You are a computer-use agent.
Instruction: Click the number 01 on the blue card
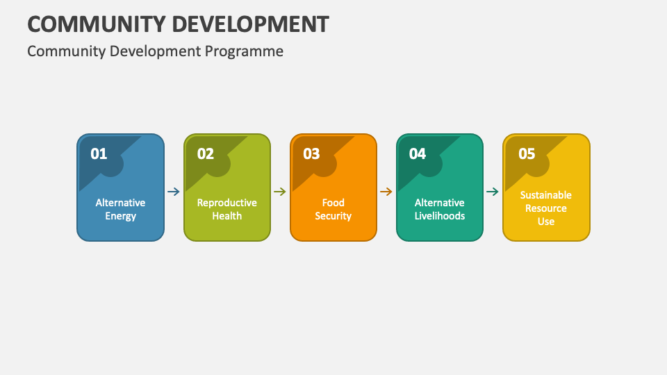[x=99, y=153]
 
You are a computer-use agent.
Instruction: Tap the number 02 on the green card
[x=206, y=153]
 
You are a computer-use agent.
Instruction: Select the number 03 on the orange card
[x=311, y=153]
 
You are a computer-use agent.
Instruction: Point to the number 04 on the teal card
[x=418, y=153]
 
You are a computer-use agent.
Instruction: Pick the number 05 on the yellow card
[x=527, y=153]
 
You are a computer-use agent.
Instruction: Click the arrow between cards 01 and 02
[x=174, y=192]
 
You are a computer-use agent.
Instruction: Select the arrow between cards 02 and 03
[x=280, y=192]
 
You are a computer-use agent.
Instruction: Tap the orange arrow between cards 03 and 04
[x=386, y=192]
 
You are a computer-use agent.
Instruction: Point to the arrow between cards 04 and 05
[x=493, y=192]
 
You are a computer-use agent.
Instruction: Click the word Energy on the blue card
[x=120, y=216]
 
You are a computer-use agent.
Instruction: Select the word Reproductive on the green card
[x=227, y=203]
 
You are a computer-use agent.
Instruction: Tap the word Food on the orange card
[x=333, y=203]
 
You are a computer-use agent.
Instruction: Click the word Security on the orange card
[x=333, y=216]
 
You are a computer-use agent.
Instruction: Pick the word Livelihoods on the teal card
[x=439, y=215]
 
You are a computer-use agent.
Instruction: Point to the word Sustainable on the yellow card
[x=546, y=195]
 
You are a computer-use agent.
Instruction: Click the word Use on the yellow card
[x=546, y=222]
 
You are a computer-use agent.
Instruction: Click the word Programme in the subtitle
[x=244, y=51]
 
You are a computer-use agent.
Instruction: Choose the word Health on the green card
[x=227, y=215]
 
